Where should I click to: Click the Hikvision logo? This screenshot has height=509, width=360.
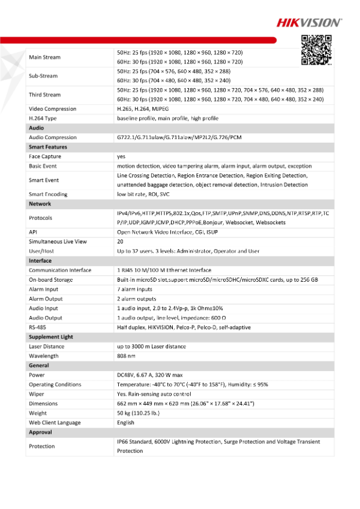tap(308, 23)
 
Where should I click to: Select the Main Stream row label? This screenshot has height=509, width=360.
tap(44, 57)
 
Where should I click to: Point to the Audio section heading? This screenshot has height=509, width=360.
tap(36, 128)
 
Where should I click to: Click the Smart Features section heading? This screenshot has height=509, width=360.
tap(47, 147)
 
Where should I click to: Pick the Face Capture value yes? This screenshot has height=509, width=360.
tap(121, 156)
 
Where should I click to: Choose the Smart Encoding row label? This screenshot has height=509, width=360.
tap(48, 194)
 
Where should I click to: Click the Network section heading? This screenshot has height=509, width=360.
tap(40, 204)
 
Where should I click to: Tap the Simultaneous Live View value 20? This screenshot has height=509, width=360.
tap(120, 242)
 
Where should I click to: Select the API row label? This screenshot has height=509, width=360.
tap(34, 232)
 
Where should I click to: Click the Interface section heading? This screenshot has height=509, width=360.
tap(40, 261)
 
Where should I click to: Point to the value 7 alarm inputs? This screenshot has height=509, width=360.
tap(136, 289)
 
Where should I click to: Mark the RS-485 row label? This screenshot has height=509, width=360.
tap(37, 327)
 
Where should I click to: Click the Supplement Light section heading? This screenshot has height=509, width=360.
tap(50, 337)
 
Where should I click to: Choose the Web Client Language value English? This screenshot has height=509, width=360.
tap(127, 423)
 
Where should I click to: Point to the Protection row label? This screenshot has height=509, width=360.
tap(41, 446)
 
